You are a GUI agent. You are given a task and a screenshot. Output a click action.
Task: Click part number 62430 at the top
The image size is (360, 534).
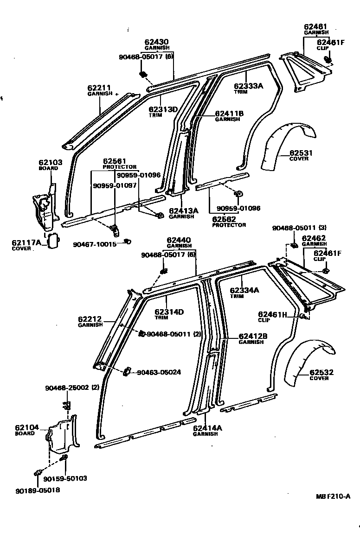[157, 42]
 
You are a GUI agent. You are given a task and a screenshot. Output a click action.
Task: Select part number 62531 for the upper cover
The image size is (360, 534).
[302, 153]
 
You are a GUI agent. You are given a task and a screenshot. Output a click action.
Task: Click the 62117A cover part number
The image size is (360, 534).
[26, 242]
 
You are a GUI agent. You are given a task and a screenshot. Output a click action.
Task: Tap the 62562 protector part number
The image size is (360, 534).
[224, 219]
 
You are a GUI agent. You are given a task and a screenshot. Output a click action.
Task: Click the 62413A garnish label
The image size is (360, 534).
[183, 210]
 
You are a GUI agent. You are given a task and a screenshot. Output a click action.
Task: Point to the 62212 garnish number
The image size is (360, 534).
[90, 319]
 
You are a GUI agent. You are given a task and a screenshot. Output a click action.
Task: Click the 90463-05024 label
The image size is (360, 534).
[159, 372]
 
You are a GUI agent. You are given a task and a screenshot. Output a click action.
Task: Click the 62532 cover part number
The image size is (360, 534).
[321, 372]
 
